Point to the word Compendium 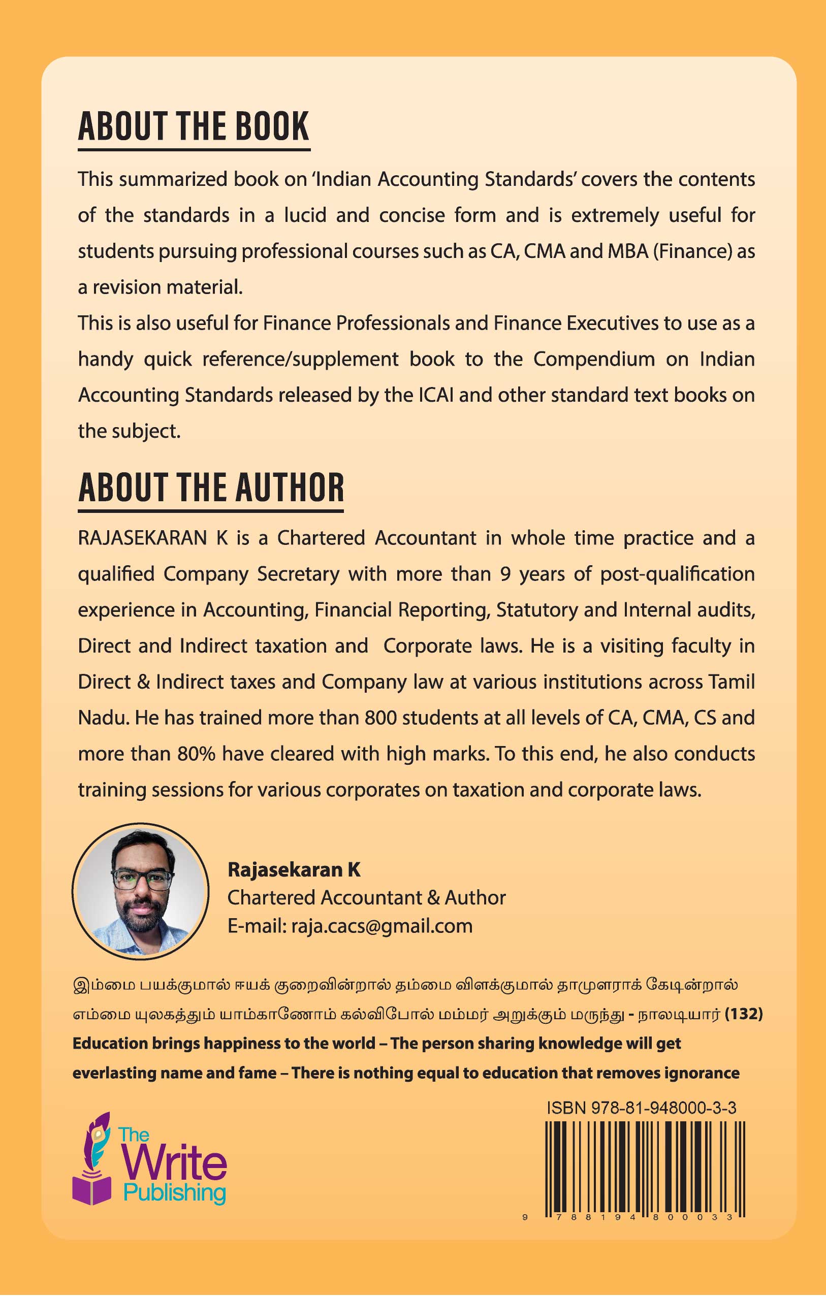(x=593, y=359)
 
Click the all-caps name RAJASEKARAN (x=142, y=538)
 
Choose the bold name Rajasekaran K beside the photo (x=294, y=869)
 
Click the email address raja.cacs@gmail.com (x=382, y=926)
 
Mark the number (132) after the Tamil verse (x=744, y=1014)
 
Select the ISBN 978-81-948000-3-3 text (x=641, y=1108)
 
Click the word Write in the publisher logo (x=174, y=1163)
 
